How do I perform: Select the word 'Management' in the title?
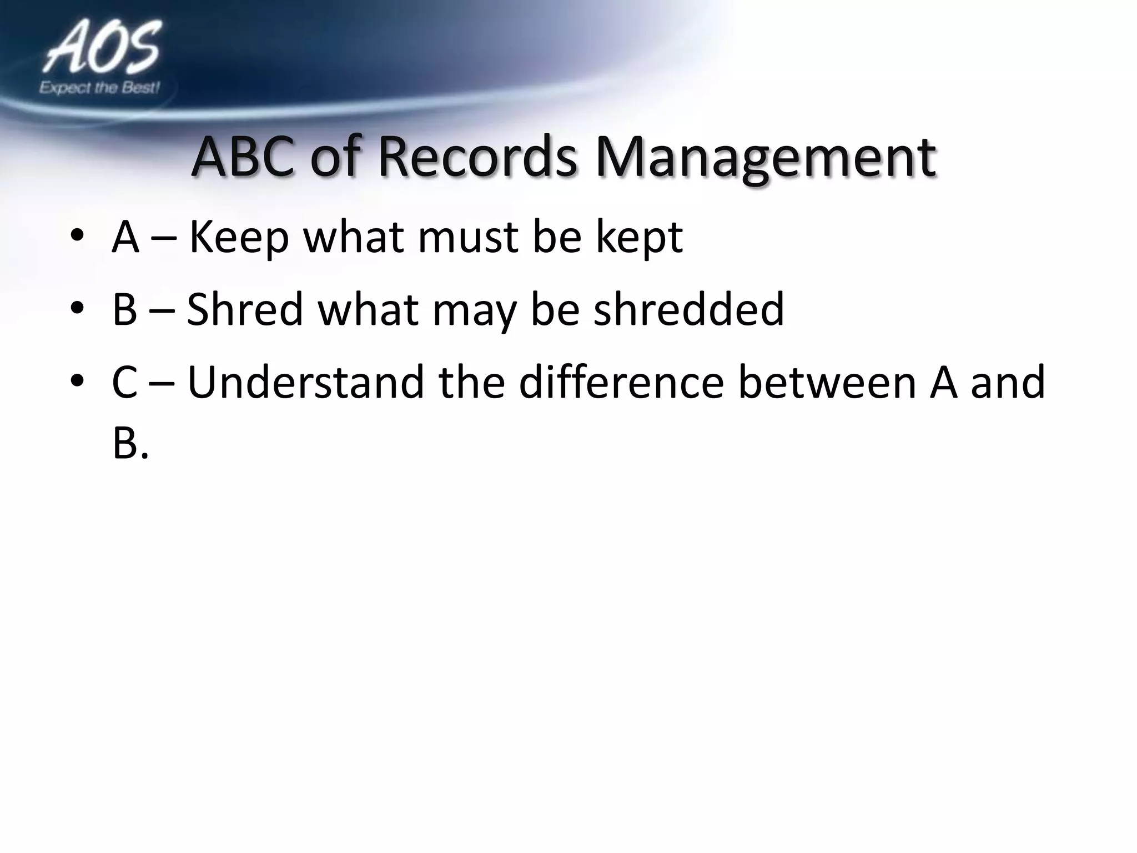pyautogui.click(x=766, y=158)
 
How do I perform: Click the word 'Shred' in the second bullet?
pyautogui.click(x=245, y=309)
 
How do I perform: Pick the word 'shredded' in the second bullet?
pyautogui.click(x=688, y=309)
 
